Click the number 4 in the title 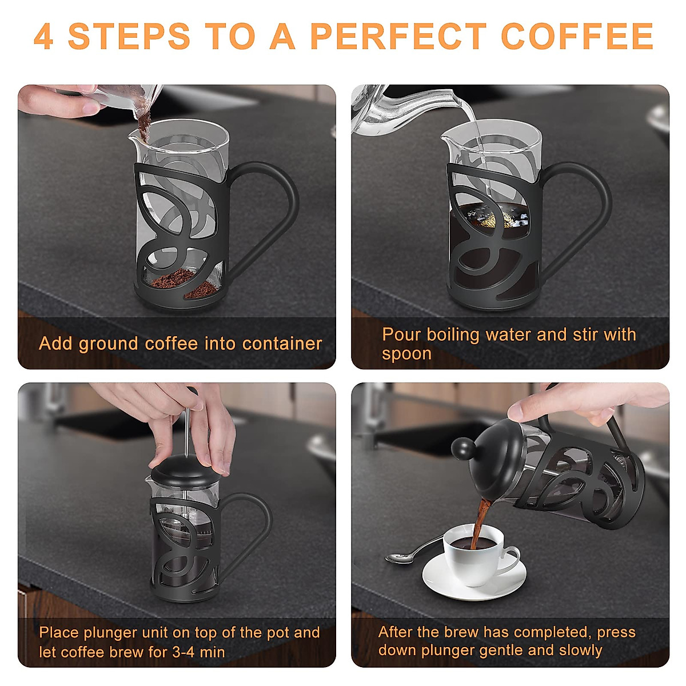coord(43,37)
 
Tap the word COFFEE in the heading coord(577,37)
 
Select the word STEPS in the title coord(129,37)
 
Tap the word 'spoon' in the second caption coord(406,354)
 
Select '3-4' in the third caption coord(184,652)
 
